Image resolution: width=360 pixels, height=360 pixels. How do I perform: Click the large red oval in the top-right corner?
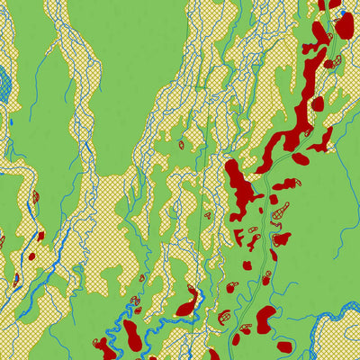click(x=344, y=25)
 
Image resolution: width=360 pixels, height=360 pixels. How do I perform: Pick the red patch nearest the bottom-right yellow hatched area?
click(x=284, y=346)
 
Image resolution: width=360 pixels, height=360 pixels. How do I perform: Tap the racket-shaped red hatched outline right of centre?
click(x=281, y=211)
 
